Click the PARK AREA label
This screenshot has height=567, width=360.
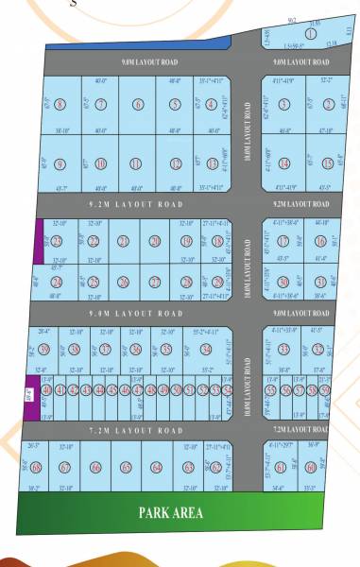click(171, 513)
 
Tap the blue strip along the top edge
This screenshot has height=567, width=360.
click(137, 43)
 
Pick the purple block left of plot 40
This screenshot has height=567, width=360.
click(29, 389)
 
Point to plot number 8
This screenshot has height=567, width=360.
click(60, 105)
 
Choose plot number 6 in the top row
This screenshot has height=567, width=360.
click(138, 105)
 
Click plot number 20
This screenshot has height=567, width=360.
click(155, 241)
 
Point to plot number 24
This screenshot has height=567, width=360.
click(57, 282)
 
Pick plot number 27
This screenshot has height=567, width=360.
click(155, 282)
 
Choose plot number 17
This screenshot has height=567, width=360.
click(283, 241)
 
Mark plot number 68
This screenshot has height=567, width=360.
click(35, 467)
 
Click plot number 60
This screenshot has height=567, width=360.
click(311, 467)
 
